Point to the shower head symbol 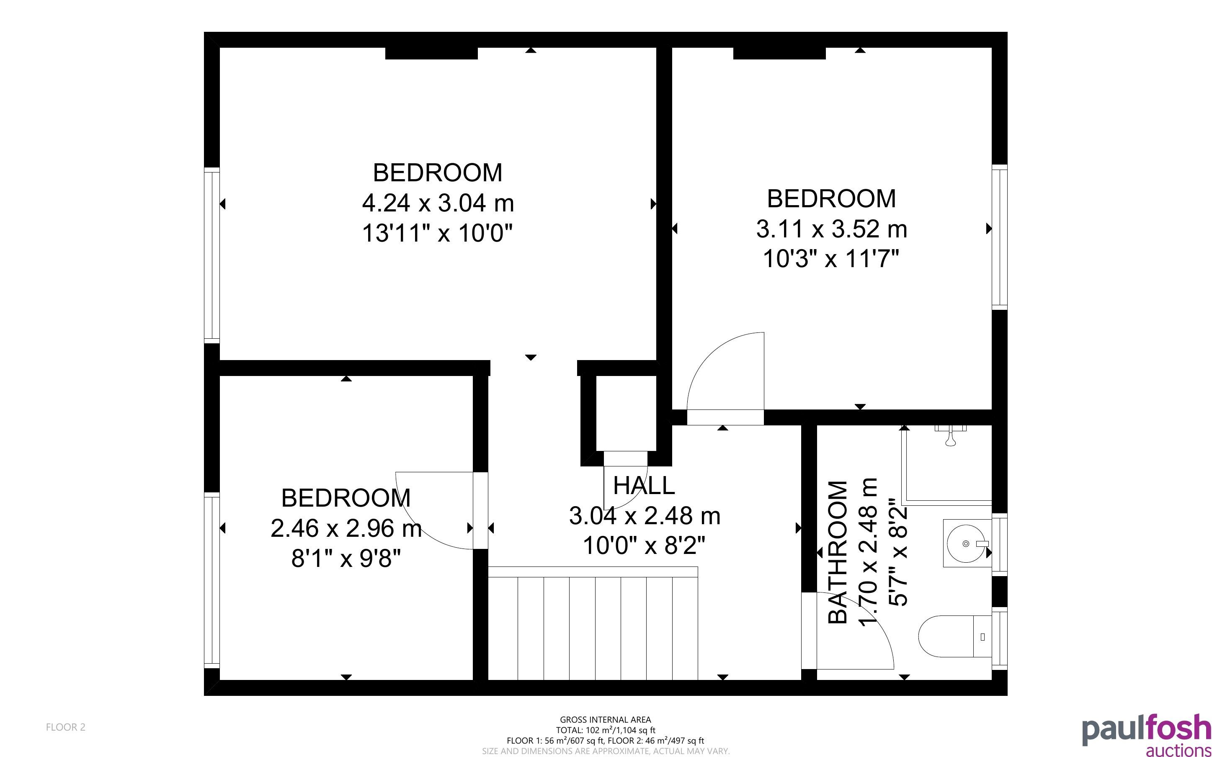click(950, 435)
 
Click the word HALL click(644, 486)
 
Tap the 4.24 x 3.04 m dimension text click(438, 203)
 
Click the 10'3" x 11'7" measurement click(831, 259)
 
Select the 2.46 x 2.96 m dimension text click(346, 528)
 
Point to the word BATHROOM click(838, 552)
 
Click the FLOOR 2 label click(66, 727)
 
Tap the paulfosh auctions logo click(1146, 735)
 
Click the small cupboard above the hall click(626, 413)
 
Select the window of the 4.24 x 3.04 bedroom click(212, 255)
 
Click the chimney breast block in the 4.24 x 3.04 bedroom click(431, 53)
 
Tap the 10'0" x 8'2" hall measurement click(644, 545)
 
